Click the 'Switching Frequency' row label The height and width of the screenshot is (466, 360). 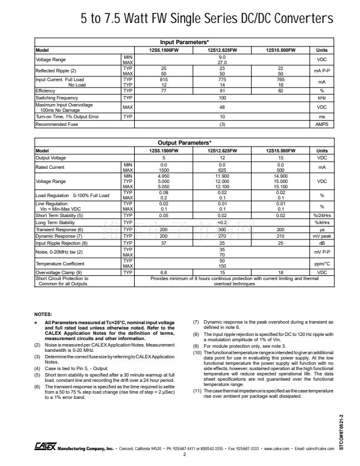pyautogui.click(x=57, y=98)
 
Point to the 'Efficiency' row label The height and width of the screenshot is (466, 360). pyautogui.click(x=46, y=91)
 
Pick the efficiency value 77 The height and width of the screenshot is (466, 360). pyautogui.click(x=164, y=91)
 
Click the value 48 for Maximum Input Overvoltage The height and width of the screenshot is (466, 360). pyautogui.click(x=222, y=108)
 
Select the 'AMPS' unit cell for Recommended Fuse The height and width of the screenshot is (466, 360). pyautogui.click(x=322, y=125)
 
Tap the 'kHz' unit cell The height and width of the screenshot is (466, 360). pyautogui.click(x=322, y=98)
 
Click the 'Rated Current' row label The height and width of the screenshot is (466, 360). pyautogui.click(x=51, y=167)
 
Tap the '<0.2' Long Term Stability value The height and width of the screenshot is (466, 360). pyautogui.click(x=222, y=223)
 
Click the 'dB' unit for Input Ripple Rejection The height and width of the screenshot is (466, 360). pyautogui.click(x=322, y=243)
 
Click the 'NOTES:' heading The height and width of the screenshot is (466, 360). pyautogui.click(x=44, y=315)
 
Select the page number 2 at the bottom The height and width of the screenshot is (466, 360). pyautogui.click(x=185, y=454)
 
